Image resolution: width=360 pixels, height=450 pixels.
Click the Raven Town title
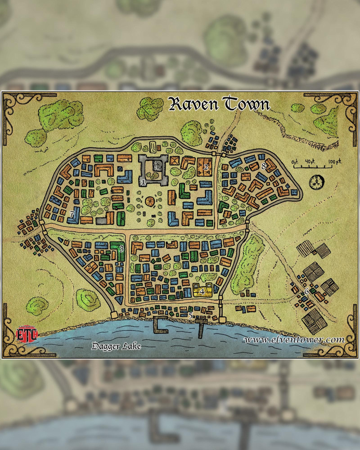219,104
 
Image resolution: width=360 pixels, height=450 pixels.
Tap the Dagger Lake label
116,346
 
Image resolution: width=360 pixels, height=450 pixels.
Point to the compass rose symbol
316,181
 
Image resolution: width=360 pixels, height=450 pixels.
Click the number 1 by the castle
143,182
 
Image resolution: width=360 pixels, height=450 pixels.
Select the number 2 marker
206,167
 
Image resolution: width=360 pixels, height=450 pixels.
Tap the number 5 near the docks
190,316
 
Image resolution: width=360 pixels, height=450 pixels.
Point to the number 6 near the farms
306,291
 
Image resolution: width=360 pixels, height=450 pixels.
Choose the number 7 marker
72,214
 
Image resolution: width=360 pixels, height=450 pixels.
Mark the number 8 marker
264,166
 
